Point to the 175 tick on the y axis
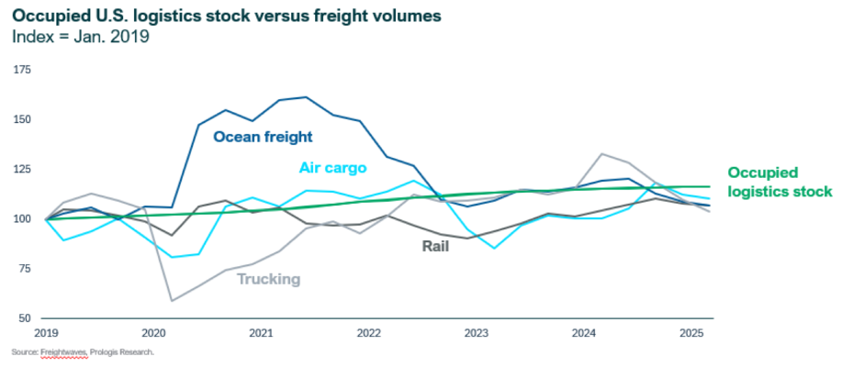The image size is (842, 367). (x=21, y=70)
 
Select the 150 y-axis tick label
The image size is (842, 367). (x=21, y=119)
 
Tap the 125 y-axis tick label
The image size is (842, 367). (x=21, y=170)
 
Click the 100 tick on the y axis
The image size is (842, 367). (x=21, y=219)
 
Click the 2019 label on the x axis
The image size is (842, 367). (x=45, y=331)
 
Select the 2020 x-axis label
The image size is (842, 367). (x=153, y=331)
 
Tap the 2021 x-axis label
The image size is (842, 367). (x=261, y=331)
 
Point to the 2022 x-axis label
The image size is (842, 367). (x=368, y=331)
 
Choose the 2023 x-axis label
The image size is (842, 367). (x=476, y=331)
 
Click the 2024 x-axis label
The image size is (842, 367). (x=584, y=331)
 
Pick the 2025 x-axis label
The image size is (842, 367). (x=690, y=331)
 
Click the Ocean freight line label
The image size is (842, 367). (x=263, y=137)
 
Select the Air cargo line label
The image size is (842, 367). (x=332, y=168)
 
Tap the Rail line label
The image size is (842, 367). (x=435, y=246)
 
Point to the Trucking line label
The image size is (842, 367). (x=268, y=279)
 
